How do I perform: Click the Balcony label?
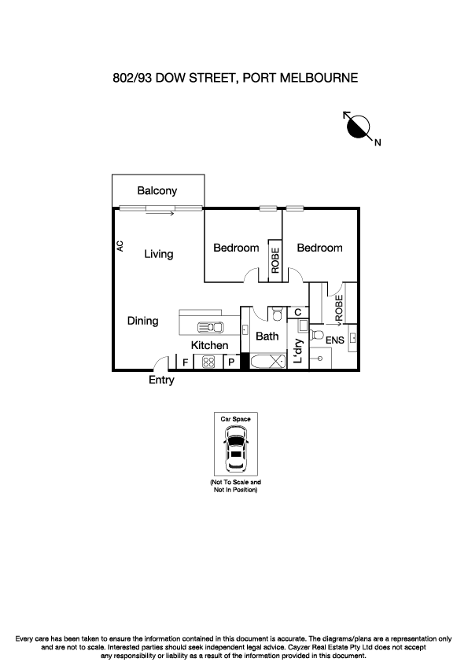point(157,190)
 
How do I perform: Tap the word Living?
point(158,254)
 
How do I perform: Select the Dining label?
point(143,321)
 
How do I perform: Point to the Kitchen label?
point(210,345)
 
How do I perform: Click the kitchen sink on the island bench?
point(210,327)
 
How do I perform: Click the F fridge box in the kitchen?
point(185,362)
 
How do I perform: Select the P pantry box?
point(232,362)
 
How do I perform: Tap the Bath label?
point(267,337)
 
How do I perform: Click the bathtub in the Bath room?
point(267,362)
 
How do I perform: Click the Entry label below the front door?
point(161,381)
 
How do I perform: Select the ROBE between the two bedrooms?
point(275,260)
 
